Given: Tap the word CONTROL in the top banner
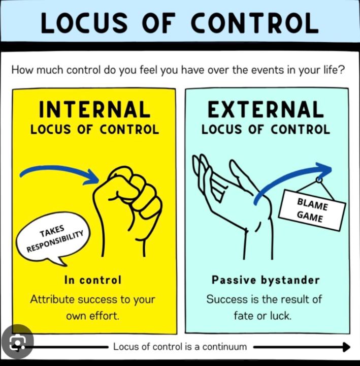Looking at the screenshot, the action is [x=255, y=23].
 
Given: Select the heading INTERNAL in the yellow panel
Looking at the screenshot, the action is [x=94, y=109].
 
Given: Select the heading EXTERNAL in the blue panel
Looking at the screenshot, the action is [x=266, y=109].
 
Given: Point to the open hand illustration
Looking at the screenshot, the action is [x=233, y=205].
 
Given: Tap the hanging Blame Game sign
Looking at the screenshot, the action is [x=312, y=210].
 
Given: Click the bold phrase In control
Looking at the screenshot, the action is [x=93, y=280].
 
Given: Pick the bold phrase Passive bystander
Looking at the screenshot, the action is [x=266, y=280].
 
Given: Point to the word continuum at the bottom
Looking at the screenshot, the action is [x=224, y=347].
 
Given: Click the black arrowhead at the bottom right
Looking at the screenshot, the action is [x=346, y=347].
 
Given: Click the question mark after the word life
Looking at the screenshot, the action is [x=342, y=70].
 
